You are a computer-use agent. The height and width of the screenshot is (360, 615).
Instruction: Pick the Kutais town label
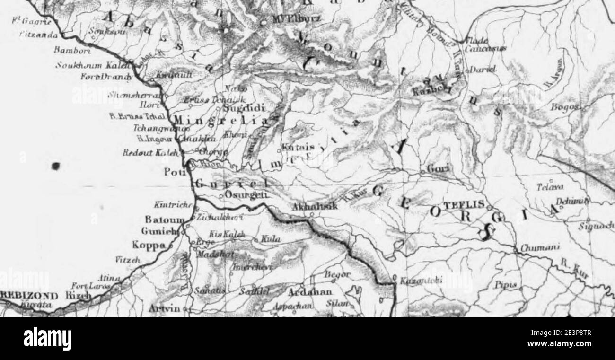pos(296,148)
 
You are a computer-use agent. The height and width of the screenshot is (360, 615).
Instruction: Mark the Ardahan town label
pos(310,292)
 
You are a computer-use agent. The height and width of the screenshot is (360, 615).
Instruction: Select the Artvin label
pos(164,309)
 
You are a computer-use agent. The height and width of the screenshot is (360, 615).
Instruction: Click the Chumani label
pos(534,247)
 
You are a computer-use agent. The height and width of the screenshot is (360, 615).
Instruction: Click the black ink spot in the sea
pos(56,166)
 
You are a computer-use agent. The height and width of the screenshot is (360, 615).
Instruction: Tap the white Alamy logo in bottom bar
pos(47,338)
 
